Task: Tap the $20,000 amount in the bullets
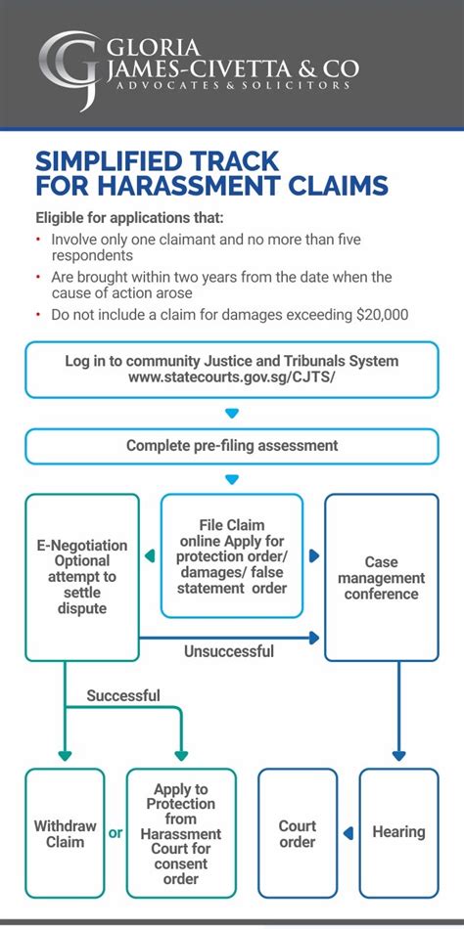click(383, 314)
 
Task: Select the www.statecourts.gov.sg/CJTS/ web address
click(232, 376)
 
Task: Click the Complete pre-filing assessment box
click(232, 446)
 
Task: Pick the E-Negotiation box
click(82, 577)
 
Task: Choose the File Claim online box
click(232, 555)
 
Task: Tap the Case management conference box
click(382, 577)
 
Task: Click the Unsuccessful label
click(229, 651)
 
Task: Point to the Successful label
click(123, 695)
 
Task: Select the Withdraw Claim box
click(65, 833)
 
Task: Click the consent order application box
click(181, 833)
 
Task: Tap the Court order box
click(298, 833)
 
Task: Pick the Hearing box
click(398, 833)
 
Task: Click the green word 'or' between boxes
click(116, 833)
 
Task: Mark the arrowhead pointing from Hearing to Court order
click(348, 833)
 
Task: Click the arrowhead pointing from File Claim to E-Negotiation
click(150, 555)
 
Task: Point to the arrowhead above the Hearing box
click(398, 756)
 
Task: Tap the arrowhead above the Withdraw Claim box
click(65, 756)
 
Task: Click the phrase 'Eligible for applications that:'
click(130, 218)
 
